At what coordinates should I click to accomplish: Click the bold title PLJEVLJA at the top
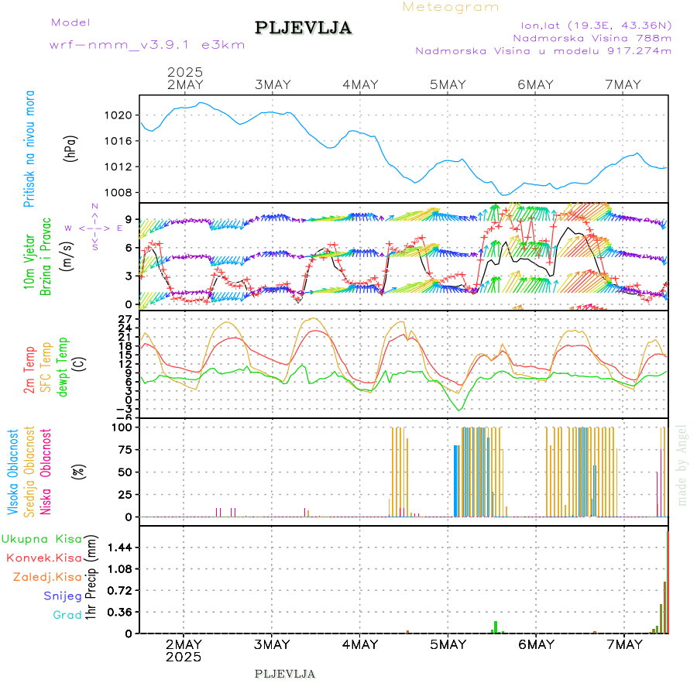303,29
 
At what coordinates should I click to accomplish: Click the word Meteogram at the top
451,7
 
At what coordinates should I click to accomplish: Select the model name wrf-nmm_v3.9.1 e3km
147,44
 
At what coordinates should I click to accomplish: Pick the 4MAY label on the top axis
359,84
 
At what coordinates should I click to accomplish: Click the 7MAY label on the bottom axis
623,644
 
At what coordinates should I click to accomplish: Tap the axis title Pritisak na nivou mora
29,149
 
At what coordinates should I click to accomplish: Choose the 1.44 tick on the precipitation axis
119,548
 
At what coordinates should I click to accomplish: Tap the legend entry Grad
67,615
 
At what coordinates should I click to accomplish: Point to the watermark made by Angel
682,465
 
